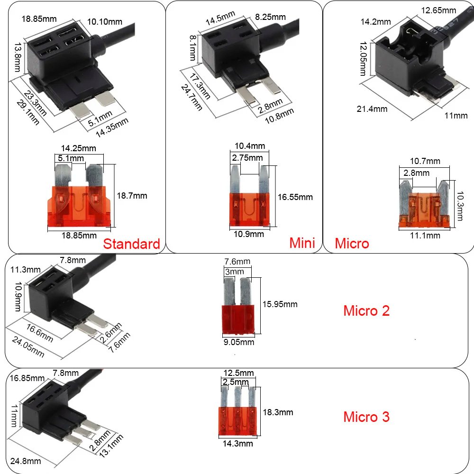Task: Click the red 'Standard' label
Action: (132, 244)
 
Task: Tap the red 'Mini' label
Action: (302, 243)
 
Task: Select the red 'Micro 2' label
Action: (366, 311)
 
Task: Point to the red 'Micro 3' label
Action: (366, 417)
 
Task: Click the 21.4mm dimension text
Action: (372, 109)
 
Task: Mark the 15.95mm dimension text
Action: (280, 304)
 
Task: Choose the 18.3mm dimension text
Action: (278, 412)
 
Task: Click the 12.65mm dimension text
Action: (438, 10)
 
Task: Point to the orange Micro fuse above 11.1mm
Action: (424, 207)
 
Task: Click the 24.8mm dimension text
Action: (26, 461)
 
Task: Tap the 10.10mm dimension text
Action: (105, 21)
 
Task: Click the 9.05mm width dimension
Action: (238, 342)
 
